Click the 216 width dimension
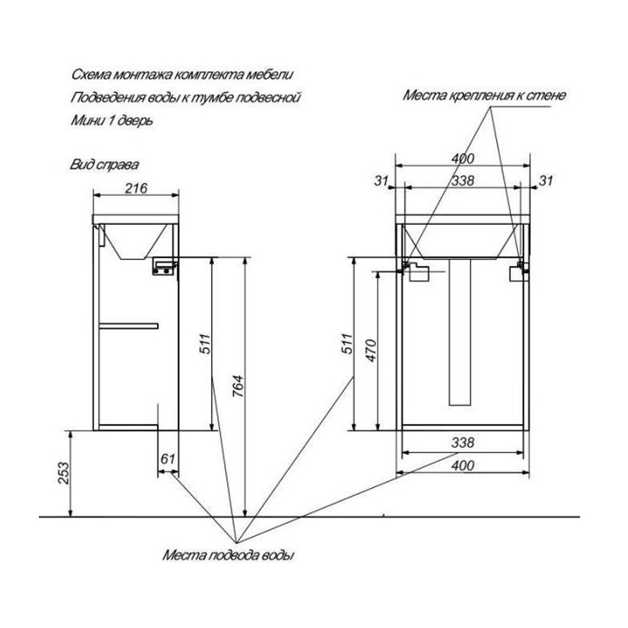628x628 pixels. tap(136, 188)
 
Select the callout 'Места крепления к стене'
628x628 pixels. tap(484, 96)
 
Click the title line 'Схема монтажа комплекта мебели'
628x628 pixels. tap(182, 75)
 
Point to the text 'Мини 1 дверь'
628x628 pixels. tap(112, 120)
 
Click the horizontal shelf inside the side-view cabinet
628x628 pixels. tap(129, 325)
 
